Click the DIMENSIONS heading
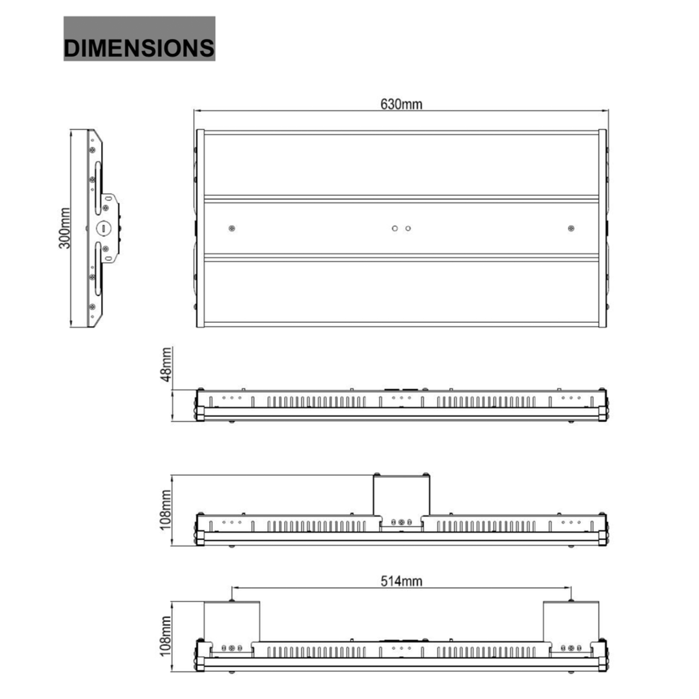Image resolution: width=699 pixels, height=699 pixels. (x=139, y=48)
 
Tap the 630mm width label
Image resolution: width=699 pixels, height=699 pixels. (x=401, y=104)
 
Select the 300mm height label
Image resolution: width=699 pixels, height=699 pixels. (x=64, y=228)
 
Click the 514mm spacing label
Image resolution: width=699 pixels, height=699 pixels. (x=401, y=581)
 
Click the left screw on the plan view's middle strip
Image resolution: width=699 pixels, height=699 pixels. (x=232, y=228)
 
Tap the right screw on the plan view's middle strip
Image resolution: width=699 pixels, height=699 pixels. (x=571, y=228)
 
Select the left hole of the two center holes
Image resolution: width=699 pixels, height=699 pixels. (x=395, y=228)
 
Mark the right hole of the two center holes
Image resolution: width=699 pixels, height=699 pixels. (x=408, y=228)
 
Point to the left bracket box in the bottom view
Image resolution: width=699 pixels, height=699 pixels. (x=232, y=620)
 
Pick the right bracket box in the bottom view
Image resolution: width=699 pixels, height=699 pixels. (x=571, y=620)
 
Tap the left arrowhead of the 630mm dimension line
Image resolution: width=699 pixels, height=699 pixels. (x=196, y=110)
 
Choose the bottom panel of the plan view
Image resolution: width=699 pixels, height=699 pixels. (x=401, y=291)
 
